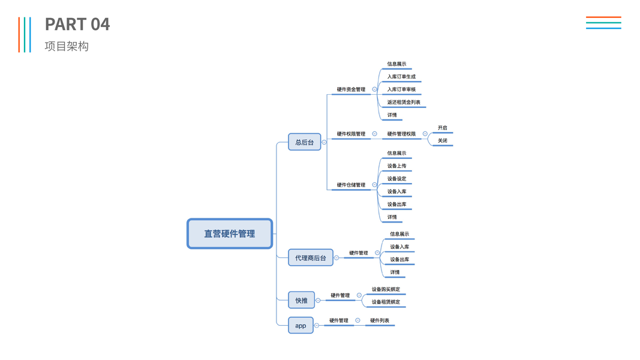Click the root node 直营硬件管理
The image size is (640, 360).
(230, 233)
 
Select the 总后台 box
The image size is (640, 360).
(304, 142)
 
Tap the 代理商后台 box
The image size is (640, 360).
(310, 257)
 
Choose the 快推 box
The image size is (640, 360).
(301, 300)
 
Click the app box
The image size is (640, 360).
(301, 326)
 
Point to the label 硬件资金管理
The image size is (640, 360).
(351, 89)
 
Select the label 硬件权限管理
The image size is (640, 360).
(351, 134)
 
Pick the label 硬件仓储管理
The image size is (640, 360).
(351, 185)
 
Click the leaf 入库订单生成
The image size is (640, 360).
(401, 77)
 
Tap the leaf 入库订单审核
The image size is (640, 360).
(401, 89)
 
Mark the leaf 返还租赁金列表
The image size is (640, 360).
(404, 102)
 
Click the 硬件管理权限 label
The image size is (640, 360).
(401, 134)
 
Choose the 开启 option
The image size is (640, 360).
(443, 128)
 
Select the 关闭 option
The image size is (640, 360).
(443, 140)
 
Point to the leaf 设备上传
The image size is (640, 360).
(396, 166)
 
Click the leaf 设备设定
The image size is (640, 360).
(396, 179)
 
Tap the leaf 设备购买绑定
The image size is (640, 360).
(386, 289)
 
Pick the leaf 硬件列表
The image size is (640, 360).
(380, 320)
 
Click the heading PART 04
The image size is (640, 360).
(77, 25)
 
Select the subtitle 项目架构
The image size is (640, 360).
(67, 46)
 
